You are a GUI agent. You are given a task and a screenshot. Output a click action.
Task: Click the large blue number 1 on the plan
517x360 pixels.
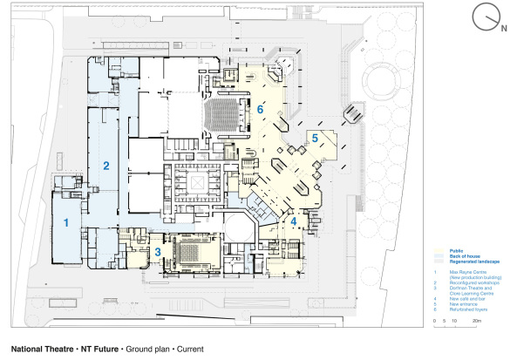(65, 223)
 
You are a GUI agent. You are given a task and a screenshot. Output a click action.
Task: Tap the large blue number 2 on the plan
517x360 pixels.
(105, 165)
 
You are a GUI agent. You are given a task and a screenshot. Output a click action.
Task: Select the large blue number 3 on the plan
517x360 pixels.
(158, 252)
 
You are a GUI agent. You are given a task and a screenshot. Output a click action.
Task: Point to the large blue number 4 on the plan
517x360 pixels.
(294, 221)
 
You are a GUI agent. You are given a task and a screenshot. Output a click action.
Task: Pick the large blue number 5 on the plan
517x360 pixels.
(315, 138)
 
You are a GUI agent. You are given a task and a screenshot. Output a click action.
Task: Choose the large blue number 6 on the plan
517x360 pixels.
(260, 110)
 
